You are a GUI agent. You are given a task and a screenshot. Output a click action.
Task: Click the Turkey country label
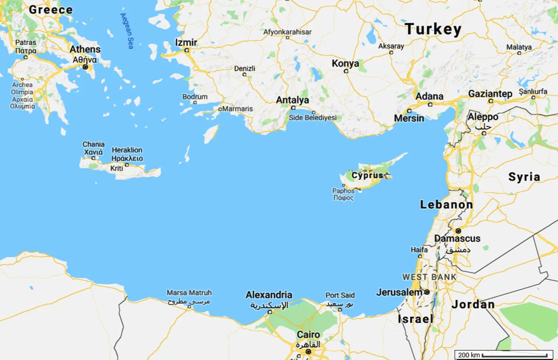433,30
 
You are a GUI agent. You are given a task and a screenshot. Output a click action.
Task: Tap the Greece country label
51,10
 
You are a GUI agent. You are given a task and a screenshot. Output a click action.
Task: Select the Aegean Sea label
127,31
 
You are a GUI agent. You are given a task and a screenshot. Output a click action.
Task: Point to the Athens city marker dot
85,67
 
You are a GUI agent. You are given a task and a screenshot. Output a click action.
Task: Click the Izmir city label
186,43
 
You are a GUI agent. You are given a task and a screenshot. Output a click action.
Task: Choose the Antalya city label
293,100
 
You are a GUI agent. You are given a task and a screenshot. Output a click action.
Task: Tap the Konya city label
345,64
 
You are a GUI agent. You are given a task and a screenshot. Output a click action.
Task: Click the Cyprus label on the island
367,176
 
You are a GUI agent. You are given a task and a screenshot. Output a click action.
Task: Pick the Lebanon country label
446,204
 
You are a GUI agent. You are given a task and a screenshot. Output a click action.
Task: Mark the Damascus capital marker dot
458,231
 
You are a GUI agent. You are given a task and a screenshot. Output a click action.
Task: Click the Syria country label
524,177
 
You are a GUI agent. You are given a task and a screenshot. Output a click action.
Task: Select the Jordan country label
473,305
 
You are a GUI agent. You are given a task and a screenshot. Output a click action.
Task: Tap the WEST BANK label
429,277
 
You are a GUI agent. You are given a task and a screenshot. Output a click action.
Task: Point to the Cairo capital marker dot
308,351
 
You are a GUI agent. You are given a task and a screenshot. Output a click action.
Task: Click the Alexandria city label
269,295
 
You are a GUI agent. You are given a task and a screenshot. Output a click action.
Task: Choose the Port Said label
340,295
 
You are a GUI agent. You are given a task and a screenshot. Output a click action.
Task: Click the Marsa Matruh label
189,293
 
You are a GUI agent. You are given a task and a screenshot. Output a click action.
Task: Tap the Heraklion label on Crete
127,150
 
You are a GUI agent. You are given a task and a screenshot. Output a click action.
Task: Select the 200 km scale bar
504,355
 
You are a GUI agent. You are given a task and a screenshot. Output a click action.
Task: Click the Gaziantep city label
490,94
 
